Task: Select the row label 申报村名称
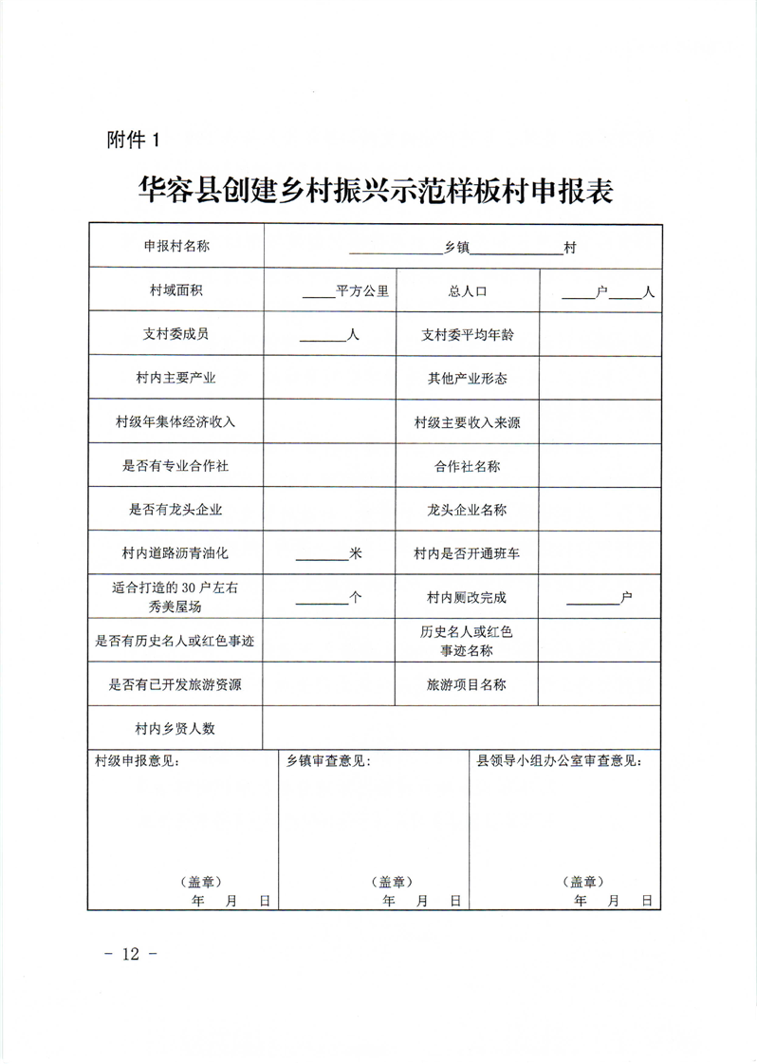tap(176, 246)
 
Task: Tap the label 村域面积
tap(176, 290)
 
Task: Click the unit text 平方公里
tap(362, 291)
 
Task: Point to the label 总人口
tap(468, 291)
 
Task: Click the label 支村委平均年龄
tap(468, 335)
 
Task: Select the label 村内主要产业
tap(176, 379)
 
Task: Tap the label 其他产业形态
tap(468, 379)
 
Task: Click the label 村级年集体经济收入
tap(176, 422)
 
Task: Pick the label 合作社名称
tap(468, 466)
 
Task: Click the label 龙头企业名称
tap(468, 510)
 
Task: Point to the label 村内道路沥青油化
tap(176, 553)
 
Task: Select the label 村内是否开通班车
tap(468, 553)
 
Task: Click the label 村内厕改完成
tap(468, 598)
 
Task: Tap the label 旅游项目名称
tap(468, 684)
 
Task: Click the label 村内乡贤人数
tap(176, 728)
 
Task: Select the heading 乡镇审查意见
tap(328, 761)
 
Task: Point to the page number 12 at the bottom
tap(131, 954)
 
